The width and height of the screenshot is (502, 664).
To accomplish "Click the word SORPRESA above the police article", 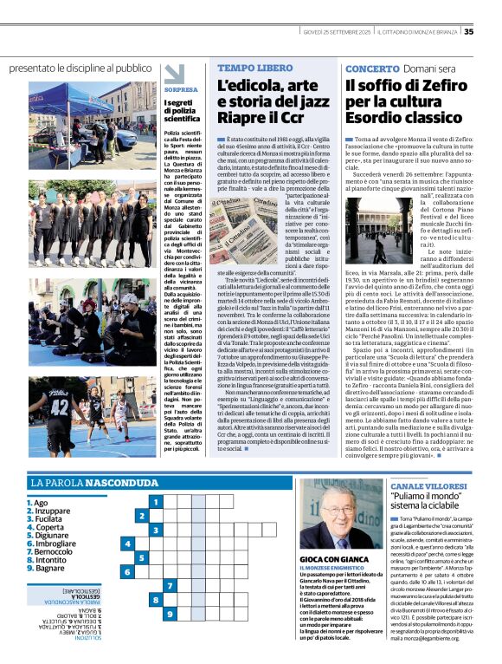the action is tap(180, 88).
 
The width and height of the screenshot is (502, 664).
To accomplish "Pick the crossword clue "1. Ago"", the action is tap(36, 503).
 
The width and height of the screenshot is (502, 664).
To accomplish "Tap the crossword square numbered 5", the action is tap(128, 544).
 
